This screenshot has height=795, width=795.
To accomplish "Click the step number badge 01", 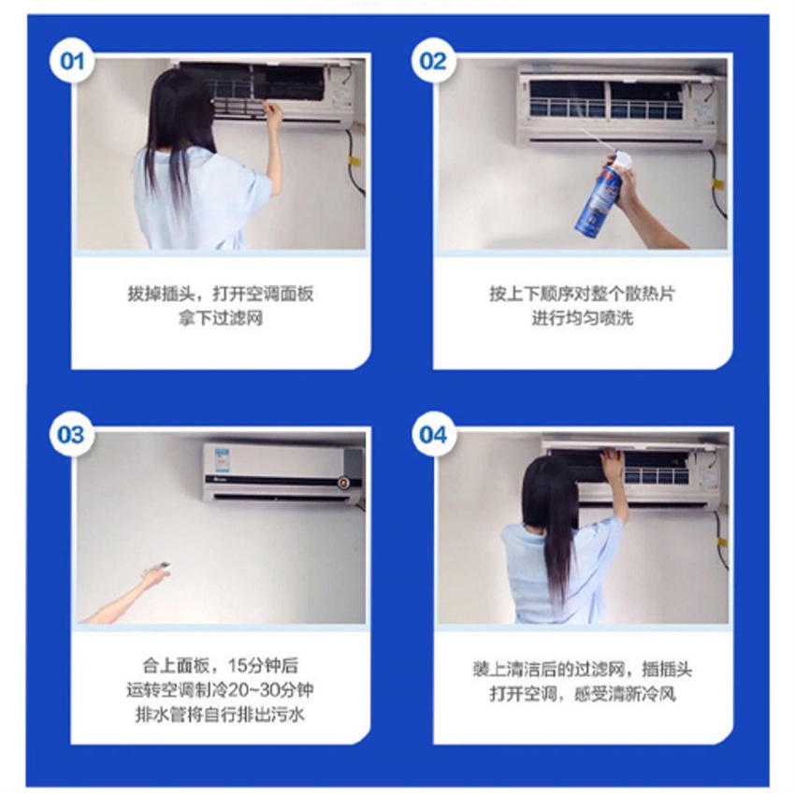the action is pos(72,62).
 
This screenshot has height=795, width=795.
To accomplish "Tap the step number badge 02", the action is pos(433,62).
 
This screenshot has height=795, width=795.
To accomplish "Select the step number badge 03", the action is pos(71,435).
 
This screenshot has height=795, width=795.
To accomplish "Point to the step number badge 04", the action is pos(433,435).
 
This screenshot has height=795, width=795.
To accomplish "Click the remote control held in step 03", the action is pos(164,565).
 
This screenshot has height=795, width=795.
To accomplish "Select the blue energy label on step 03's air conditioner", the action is pos(222,458).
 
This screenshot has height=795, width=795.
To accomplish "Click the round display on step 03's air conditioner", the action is pos(344,482).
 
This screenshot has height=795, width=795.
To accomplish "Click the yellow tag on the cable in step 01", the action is pos(354,162).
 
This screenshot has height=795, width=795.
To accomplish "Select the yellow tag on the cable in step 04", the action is pos(721,543).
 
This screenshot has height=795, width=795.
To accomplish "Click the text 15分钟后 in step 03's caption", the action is pos(263,665).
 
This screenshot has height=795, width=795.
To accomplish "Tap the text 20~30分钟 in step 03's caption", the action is pos(270,690).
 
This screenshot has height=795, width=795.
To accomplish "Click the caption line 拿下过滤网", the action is pos(221,318).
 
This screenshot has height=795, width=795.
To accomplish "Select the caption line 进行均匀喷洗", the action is pos(582,318).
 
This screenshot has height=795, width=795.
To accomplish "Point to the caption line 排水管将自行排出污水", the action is pos(220,715).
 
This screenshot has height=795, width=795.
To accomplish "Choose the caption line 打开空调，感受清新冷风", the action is pos(582,694).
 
